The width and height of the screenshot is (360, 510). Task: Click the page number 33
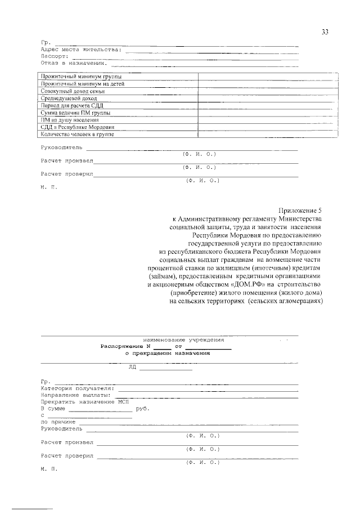(x=325, y=32)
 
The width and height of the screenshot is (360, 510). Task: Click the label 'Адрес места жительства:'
(x=80, y=50)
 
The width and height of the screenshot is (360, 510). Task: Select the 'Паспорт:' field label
(x=55, y=56)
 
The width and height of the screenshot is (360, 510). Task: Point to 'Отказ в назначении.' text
(x=74, y=62)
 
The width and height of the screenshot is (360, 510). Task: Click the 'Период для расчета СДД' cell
(x=73, y=105)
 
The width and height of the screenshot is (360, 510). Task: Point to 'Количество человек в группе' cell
(x=78, y=135)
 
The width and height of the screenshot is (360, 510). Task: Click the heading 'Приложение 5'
(x=300, y=207)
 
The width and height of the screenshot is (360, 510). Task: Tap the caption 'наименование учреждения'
(x=183, y=340)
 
